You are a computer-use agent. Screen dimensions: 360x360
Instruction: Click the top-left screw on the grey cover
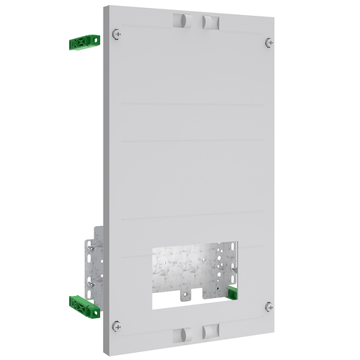tap(117, 34)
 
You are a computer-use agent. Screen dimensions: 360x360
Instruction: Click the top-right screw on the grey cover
tap(269, 42)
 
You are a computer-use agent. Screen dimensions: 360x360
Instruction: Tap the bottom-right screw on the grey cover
tap(268, 307)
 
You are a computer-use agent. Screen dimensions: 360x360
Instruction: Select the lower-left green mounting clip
tap(85, 306)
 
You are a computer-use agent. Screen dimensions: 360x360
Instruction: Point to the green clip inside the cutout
tap(233, 291)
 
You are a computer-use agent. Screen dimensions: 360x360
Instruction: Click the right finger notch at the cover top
tap(210, 22)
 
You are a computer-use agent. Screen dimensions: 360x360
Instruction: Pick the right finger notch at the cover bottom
tap(210, 330)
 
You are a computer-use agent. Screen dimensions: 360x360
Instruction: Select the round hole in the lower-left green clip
tap(92, 310)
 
